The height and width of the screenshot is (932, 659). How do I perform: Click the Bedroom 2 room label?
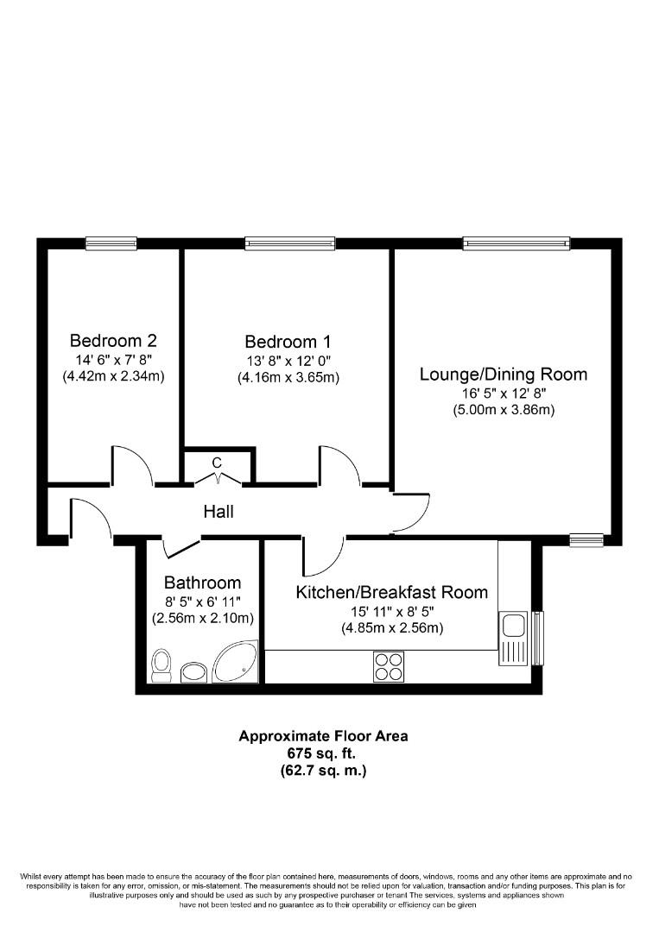113,340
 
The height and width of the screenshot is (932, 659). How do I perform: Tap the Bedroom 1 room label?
287,342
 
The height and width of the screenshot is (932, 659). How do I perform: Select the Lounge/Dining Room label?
504,374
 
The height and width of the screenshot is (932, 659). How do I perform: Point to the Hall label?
218,512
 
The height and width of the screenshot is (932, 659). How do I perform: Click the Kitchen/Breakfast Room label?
391,592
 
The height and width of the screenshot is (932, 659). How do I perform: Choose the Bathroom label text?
202,583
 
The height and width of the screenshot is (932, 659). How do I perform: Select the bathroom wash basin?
193,671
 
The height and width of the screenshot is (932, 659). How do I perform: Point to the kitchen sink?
513,637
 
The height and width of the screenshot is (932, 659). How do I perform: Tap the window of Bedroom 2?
111,243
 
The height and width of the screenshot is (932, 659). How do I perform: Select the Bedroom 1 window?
289,243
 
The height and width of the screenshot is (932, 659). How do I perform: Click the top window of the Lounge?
516,243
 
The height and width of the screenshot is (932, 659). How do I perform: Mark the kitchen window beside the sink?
538,638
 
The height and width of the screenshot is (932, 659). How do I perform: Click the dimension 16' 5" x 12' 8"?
504,394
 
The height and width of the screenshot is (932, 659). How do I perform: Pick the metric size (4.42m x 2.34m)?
113,376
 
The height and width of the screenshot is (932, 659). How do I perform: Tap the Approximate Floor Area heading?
323,736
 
